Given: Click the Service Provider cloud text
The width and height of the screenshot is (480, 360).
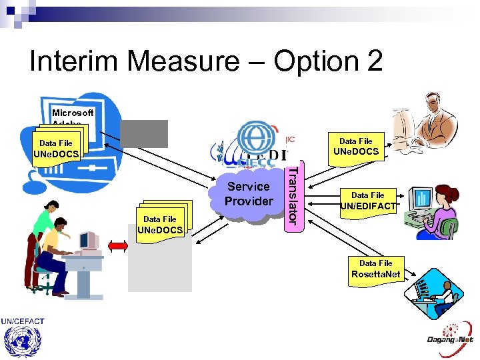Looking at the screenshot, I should point(249,194).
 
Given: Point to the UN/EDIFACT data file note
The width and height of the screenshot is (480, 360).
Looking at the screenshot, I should point(368,201).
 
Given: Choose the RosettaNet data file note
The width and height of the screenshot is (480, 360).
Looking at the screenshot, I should point(376,269).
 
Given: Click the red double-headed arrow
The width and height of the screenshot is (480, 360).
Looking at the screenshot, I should point(117,246).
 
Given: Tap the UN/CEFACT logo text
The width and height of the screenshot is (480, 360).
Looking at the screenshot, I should point(23,321).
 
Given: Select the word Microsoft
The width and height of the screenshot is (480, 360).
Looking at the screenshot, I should point(73,113).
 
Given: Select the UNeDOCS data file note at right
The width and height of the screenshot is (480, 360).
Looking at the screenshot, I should point(355,147).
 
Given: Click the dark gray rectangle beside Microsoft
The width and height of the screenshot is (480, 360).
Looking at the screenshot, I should point(145,133).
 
